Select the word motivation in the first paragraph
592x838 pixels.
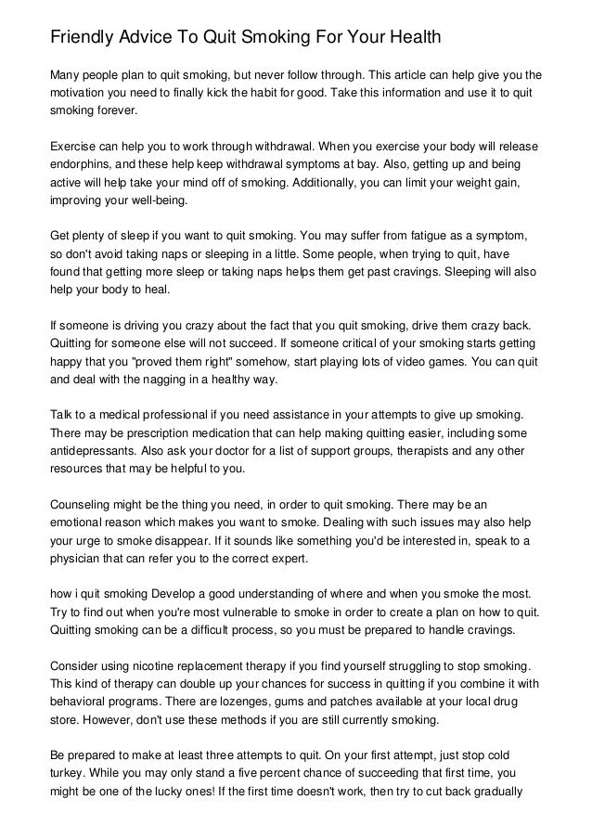pos(82,93)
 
